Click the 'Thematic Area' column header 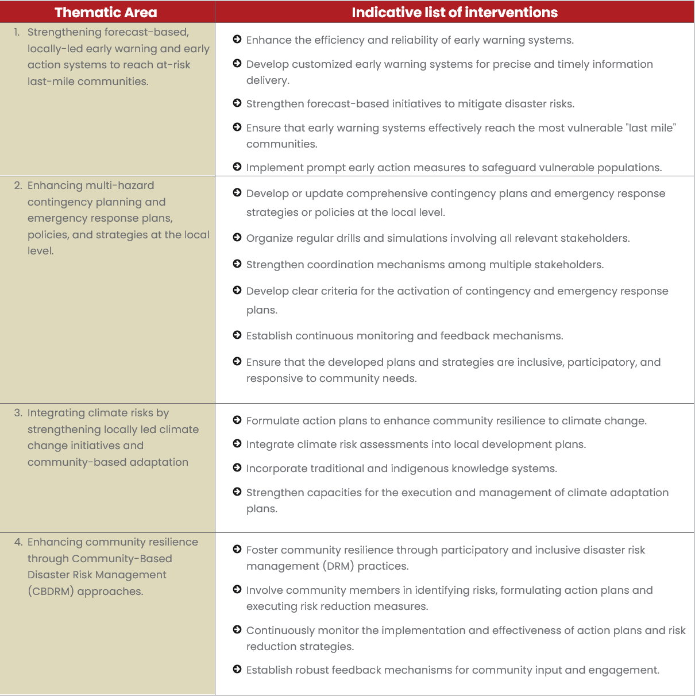[106, 12]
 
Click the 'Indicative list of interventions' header [454, 12]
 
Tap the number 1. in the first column [17, 32]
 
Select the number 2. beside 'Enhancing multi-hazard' [18, 185]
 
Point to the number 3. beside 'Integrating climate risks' [18, 413]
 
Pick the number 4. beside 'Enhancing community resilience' [18, 542]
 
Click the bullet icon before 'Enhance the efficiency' [237, 40]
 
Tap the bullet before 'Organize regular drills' [237, 238]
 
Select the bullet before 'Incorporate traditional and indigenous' [237, 468]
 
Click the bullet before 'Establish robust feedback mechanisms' [237, 670]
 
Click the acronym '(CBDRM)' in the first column [51, 591]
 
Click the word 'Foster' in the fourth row [262, 550]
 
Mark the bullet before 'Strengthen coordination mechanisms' [237, 264]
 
